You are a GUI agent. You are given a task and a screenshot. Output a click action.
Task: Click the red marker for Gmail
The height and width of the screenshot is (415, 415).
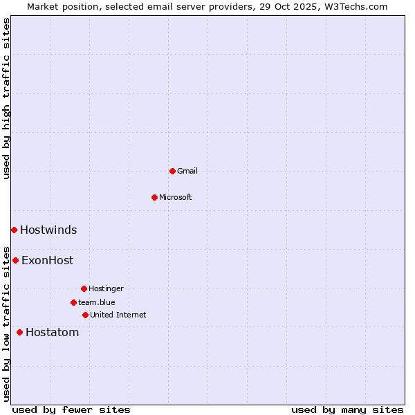point(172,171)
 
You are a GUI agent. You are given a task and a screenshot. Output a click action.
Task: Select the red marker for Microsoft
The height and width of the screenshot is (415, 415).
point(154,197)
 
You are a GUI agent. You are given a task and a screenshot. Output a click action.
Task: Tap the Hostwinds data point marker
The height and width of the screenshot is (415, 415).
point(14,230)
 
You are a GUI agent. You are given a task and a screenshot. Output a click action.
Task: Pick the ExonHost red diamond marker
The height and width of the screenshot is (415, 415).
point(15,260)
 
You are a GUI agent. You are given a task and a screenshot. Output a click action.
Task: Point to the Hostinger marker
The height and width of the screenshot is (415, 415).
point(84,288)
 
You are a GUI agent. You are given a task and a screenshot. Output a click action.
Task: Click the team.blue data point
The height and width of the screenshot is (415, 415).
point(73,302)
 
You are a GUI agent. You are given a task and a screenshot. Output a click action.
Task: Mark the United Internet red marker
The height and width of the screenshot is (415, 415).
point(85,315)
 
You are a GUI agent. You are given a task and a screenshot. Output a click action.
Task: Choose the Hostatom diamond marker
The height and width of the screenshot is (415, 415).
point(19,332)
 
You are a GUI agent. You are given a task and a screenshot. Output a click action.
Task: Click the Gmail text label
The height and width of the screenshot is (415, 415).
point(187,171)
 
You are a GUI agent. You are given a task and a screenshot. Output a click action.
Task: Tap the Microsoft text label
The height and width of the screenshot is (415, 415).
point(176,197)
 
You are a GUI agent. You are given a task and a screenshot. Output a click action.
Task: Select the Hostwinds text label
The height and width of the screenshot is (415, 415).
point(48,230)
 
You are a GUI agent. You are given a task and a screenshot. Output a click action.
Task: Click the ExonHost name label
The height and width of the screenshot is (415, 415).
point(47,261)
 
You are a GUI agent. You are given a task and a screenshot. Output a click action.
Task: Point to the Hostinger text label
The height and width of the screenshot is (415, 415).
point(106,288)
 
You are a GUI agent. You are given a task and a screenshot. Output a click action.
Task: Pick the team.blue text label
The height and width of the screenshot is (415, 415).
point(97,302)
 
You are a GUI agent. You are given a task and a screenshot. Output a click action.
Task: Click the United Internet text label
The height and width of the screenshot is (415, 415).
point(118,315)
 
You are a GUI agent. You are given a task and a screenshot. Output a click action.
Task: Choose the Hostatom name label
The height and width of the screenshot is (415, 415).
point(52,333)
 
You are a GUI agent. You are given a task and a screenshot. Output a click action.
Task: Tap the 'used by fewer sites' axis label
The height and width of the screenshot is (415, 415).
point(71,409)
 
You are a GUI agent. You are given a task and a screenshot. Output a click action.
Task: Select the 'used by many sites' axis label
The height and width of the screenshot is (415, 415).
point(347,409)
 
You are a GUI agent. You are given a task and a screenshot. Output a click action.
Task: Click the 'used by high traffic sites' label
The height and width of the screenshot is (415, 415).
point(6,98)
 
